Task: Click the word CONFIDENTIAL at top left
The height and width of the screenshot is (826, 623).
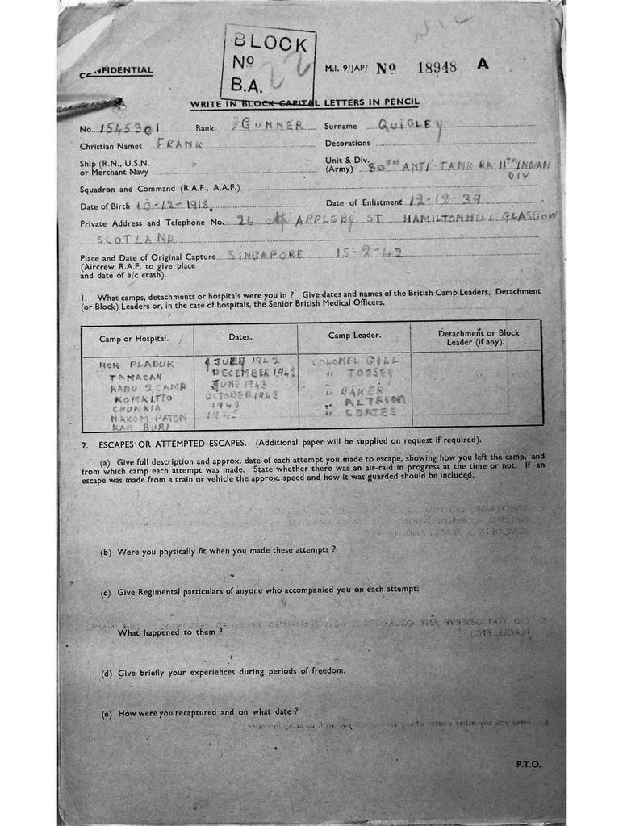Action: [x=116, y=71]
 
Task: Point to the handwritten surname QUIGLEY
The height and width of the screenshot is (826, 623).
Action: [x=411, y=125]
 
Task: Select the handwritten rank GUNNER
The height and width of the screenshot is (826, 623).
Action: [x=269, y=126]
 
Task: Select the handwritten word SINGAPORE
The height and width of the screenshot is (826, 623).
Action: [x=266, y=254]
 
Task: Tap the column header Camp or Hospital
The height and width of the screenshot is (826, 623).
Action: [x=136, y=336]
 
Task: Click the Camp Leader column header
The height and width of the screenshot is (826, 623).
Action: [x=354, y=335]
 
